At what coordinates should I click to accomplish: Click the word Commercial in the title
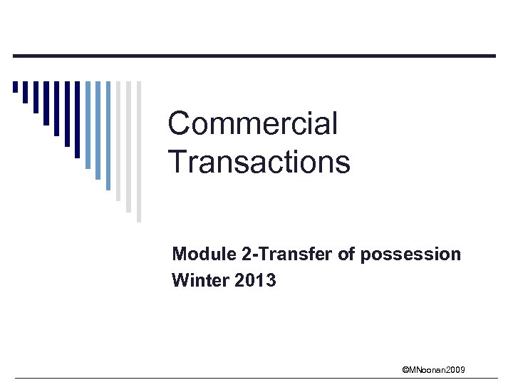252,124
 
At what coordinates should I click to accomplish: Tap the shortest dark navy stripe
15,88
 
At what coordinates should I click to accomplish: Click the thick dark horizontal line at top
256,56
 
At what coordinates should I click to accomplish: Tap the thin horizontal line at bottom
256,378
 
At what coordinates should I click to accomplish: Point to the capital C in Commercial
179,124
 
